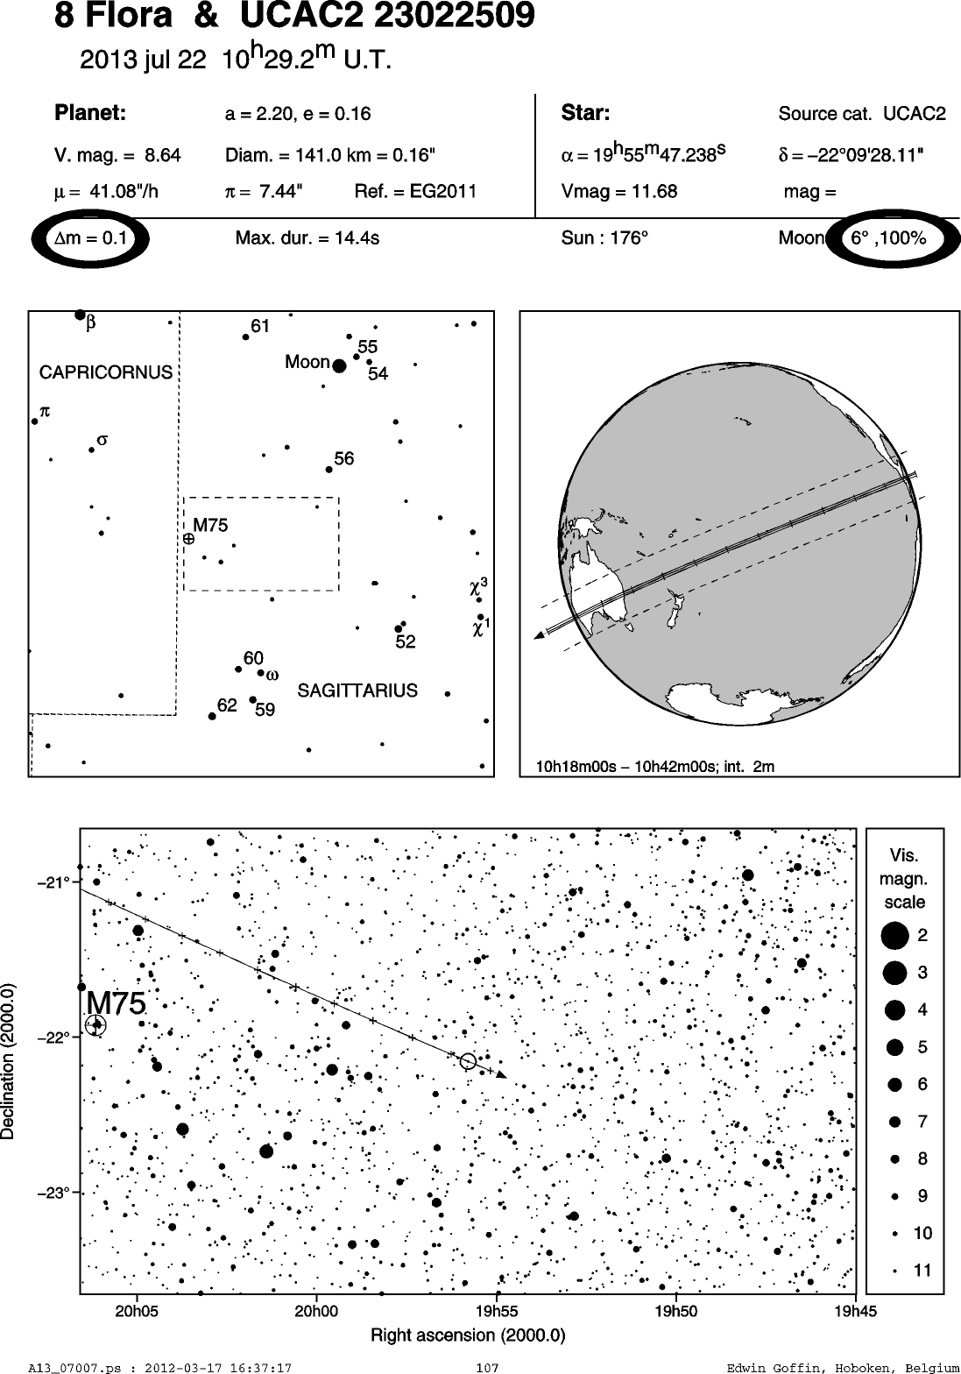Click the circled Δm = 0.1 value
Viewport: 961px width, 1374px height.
pyautogui.click(x=90, y=238)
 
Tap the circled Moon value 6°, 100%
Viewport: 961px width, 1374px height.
pyautogui.click(x=888, y=238)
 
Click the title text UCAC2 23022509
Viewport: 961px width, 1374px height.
pyautogui.click(x=387, y=16)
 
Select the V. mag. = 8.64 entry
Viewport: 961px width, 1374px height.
pyautogui.click(x=117, y=155)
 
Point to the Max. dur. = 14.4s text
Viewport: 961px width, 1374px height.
pyautogui.click(x=307, y=238)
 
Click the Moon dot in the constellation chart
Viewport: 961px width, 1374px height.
pyautogui.click(x=339, y=366)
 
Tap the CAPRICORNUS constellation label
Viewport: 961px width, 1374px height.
pyautogui.click(x=106, y=372)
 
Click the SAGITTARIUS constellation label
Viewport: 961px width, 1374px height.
pyautogui.click(x=357, y=691)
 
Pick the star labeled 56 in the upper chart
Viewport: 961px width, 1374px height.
pyautogui.click(x=329, y=470)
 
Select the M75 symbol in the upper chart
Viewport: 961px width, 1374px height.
pyautogui.click(x=189, y=539)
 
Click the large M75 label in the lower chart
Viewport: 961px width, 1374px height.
pyautogui.click(x=116, y=1003)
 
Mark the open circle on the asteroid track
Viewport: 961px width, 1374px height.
pyautogui.click(x=468, y=1061)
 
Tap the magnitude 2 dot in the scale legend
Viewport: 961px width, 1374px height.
pyautogui.click(x=894, y=936)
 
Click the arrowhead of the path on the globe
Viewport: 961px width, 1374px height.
pyautogui.click(x=541, y=636)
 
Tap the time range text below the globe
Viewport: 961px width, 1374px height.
pyautogui.click(x=655, y=766)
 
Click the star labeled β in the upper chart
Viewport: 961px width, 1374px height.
pyautogui.click(x=80, y=315)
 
